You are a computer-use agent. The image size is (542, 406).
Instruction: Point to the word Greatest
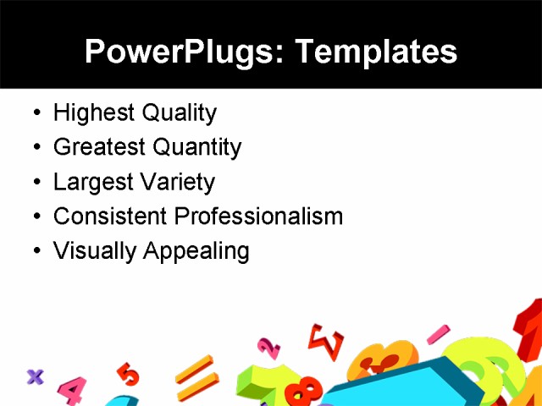coord(97,147)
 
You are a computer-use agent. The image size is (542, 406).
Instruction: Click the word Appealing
coord(196,252)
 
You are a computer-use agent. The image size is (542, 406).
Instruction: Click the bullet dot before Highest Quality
coord(35,113)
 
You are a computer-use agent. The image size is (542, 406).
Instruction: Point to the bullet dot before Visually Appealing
coord(35,251)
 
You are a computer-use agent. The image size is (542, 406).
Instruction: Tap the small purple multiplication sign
coord(35,376)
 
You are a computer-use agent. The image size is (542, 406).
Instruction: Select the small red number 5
coord(128,373)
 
